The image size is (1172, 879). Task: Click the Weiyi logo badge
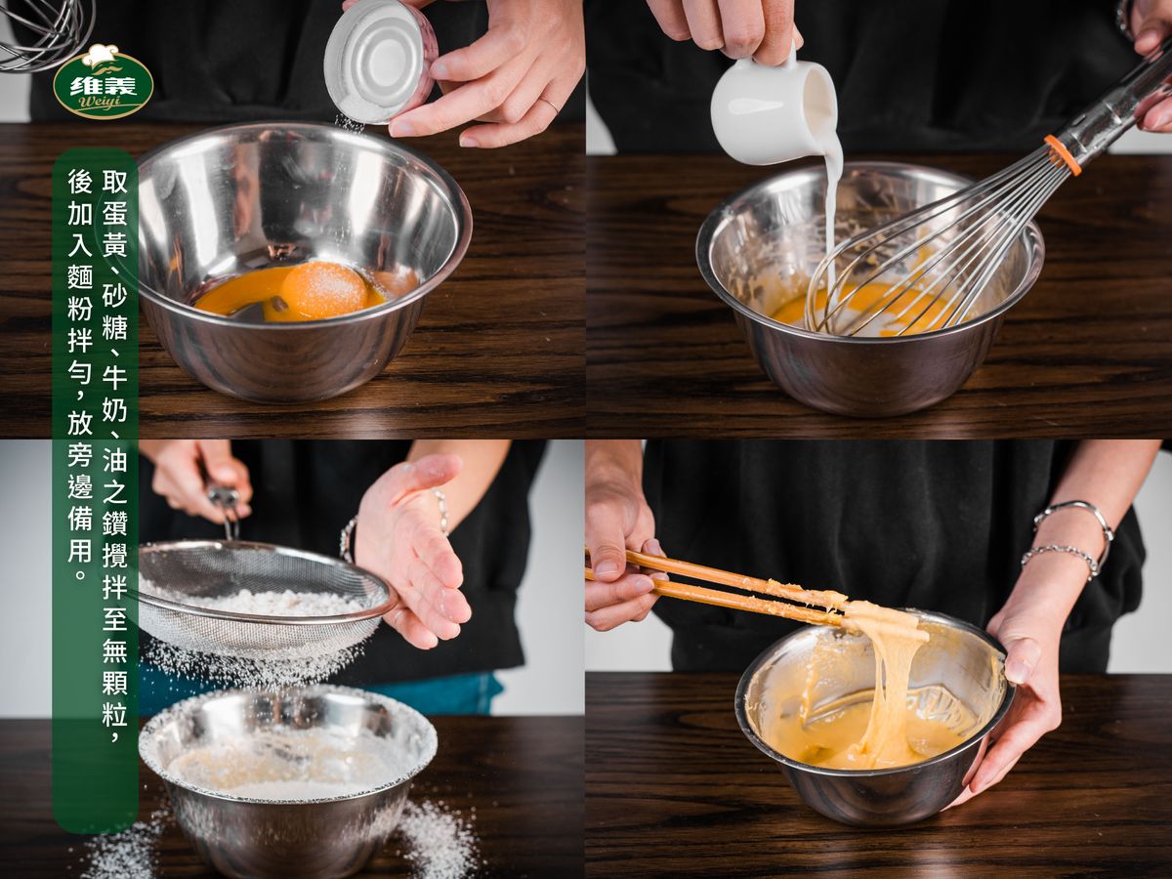click(104, 82)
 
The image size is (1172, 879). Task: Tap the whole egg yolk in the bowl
click(324, 290)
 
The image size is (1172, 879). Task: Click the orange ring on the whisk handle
click(1063, 154)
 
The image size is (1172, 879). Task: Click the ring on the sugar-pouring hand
click(550, 105)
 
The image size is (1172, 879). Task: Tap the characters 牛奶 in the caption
click(115, 394)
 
